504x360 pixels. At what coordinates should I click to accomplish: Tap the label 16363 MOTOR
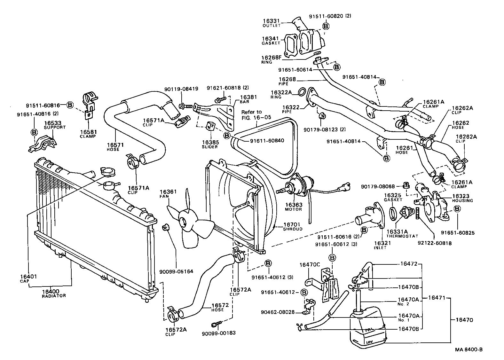click(293, 206)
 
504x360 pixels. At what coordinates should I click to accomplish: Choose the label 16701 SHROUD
click(292, 226)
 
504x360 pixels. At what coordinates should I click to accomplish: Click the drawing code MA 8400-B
click(469, 349)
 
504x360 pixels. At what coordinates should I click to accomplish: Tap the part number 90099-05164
click(176, 271)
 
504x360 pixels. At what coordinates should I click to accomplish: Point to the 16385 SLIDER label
click(210, 144)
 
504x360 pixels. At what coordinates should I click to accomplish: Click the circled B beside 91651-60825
click(457, 209)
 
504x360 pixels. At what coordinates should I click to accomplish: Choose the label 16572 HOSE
click(220, 307)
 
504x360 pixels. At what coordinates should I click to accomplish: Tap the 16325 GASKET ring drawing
click(393, 213)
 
